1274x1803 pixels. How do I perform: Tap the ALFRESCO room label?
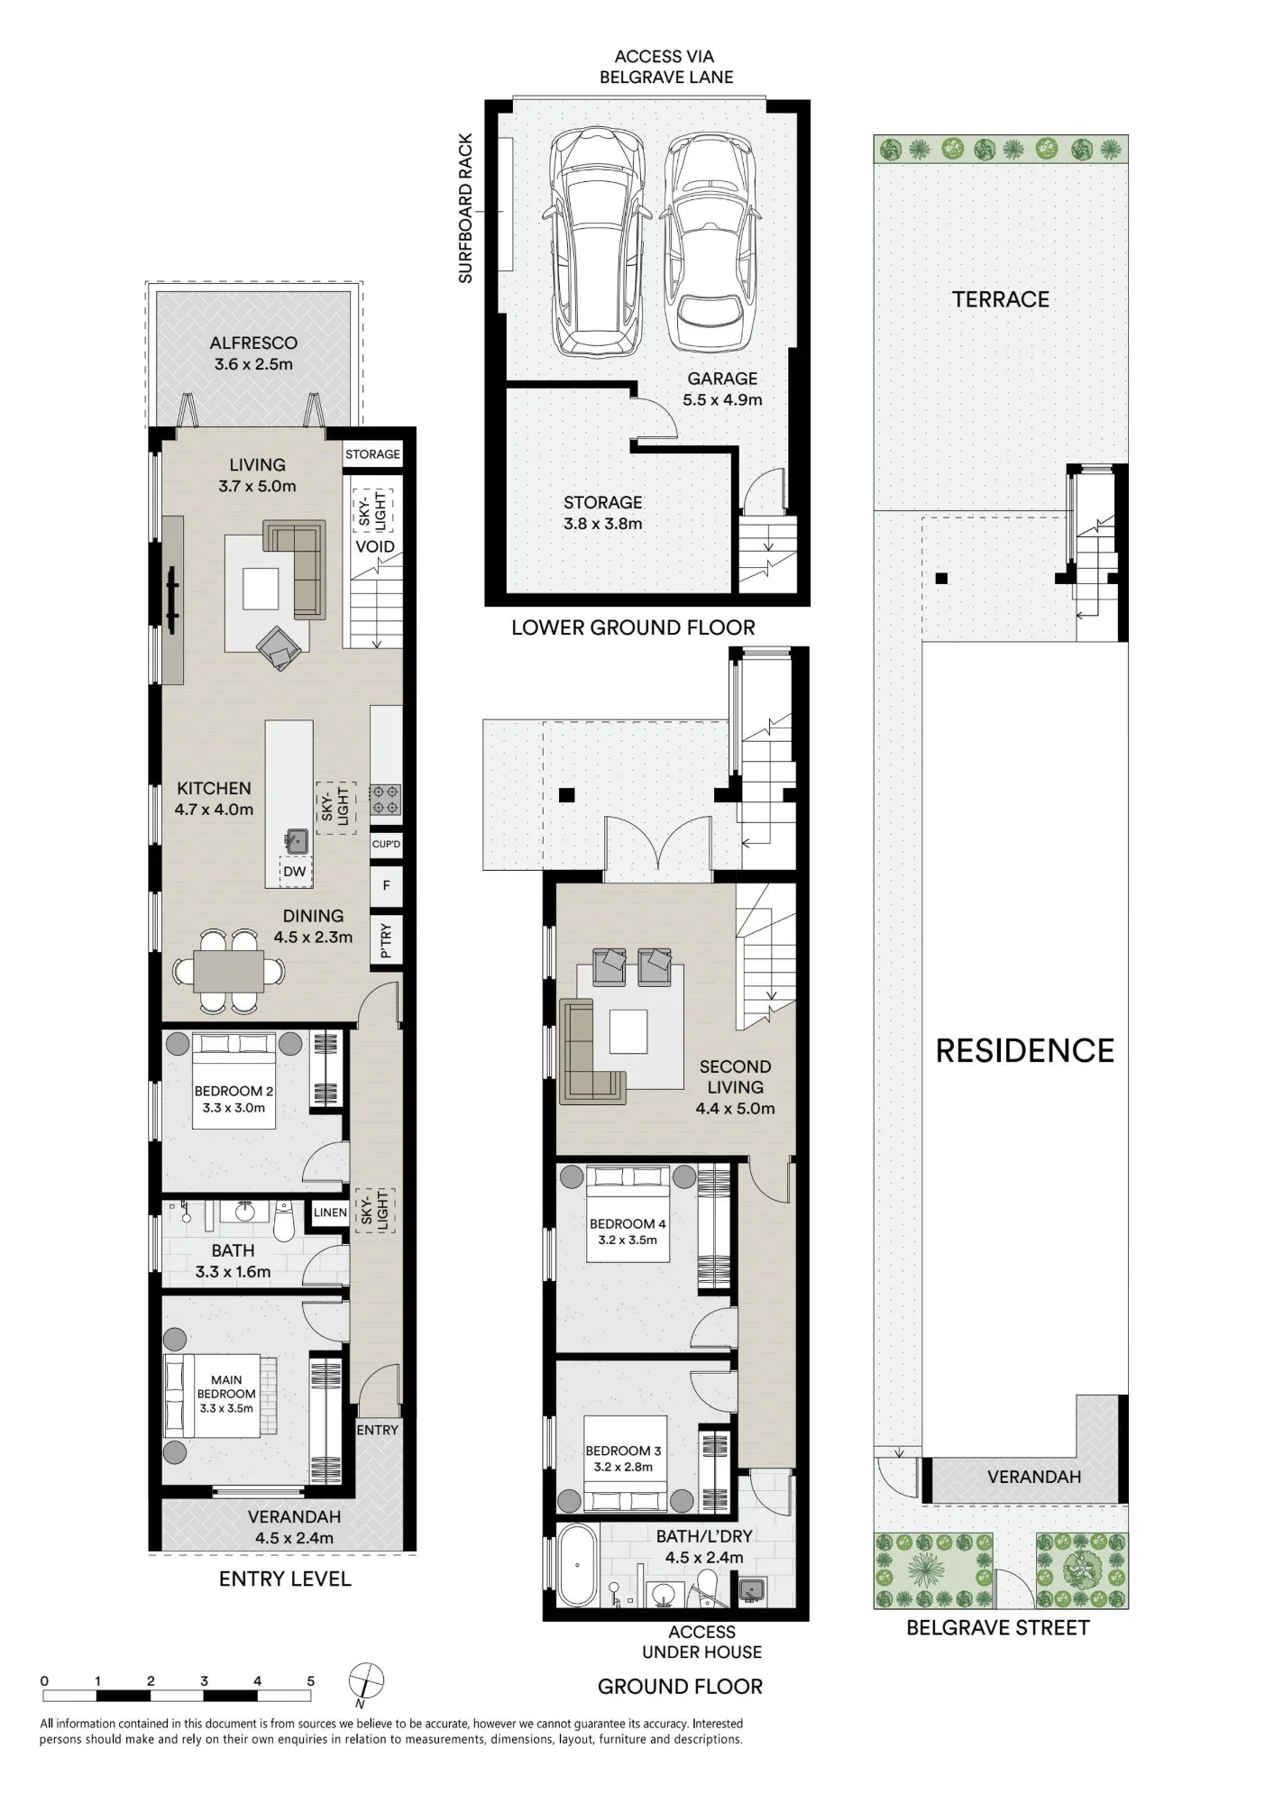click(253, 343)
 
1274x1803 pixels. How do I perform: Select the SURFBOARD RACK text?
click(465, 208)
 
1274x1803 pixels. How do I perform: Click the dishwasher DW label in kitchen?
click(295, 872)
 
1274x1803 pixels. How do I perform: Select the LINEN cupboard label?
click(330, 1213)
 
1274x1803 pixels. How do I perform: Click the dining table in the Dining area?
click(230, 971)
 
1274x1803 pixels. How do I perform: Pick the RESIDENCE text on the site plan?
click(1025, 1051)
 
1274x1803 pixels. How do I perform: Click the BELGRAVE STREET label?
click(998, 1627)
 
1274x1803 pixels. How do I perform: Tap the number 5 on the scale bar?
click(311, 1681)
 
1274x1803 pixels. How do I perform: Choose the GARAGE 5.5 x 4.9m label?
click(722, 389)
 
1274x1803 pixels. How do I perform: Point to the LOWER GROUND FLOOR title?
click(633, 627)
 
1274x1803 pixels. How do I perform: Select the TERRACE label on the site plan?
click(1001, 299)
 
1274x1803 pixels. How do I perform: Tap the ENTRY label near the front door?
click(377, 1430)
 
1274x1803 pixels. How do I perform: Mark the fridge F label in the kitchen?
click(387, 885)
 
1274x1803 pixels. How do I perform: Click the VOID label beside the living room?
click(375, 546)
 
